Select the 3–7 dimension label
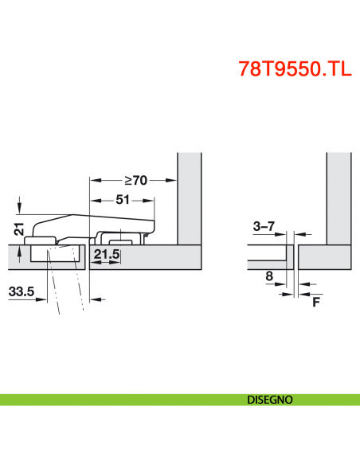[x=264, y=226]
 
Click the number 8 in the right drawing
[x=268, y=276]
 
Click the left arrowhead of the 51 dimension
[x=94, y=199]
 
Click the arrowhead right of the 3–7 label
[x=284, y=233]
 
